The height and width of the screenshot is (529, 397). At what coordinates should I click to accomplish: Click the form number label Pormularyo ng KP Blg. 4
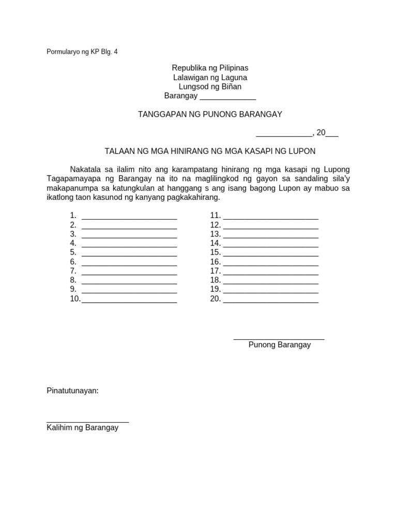[82, 52]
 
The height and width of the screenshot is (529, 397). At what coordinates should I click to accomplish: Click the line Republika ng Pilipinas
[210, 68]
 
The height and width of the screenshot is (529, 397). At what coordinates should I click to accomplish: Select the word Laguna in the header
[233, 77]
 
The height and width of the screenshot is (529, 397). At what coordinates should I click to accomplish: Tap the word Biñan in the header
[231, 87]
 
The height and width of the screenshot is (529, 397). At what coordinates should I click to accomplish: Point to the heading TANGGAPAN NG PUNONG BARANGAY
[210, 114]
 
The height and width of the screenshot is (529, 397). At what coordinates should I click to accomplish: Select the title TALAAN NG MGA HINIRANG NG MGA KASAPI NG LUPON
[210, 151]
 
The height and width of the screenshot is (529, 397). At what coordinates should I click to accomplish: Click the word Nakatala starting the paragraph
[86, 169]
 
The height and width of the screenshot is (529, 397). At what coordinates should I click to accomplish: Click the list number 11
[215, 215]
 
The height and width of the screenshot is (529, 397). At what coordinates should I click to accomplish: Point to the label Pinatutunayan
[72, 391]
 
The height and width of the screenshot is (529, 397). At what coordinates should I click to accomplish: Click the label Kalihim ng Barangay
[82, 428]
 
